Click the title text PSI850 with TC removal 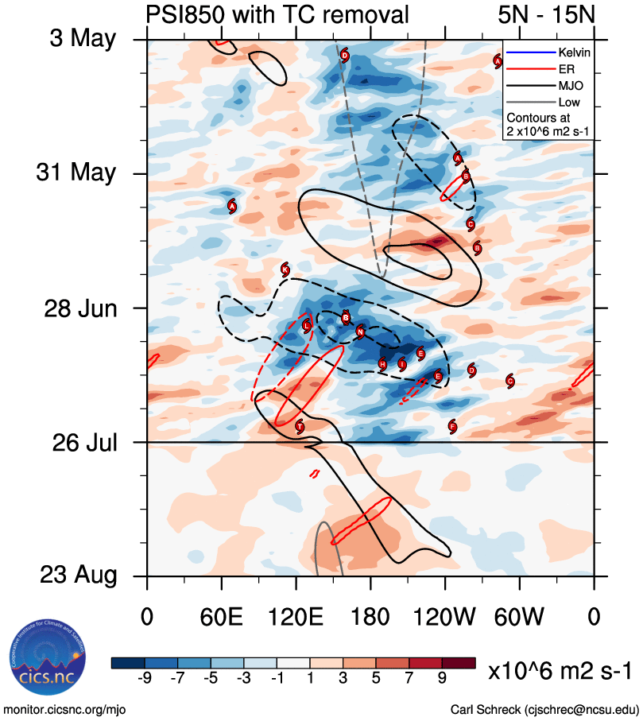pos(278,14)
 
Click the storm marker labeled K pos(285,269)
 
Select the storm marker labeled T pos(300,427)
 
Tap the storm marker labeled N pos(360,331)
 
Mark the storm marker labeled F pos(452,427)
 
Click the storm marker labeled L pos(307,326)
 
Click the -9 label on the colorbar pos(145,678)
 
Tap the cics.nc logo pos(44,658)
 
